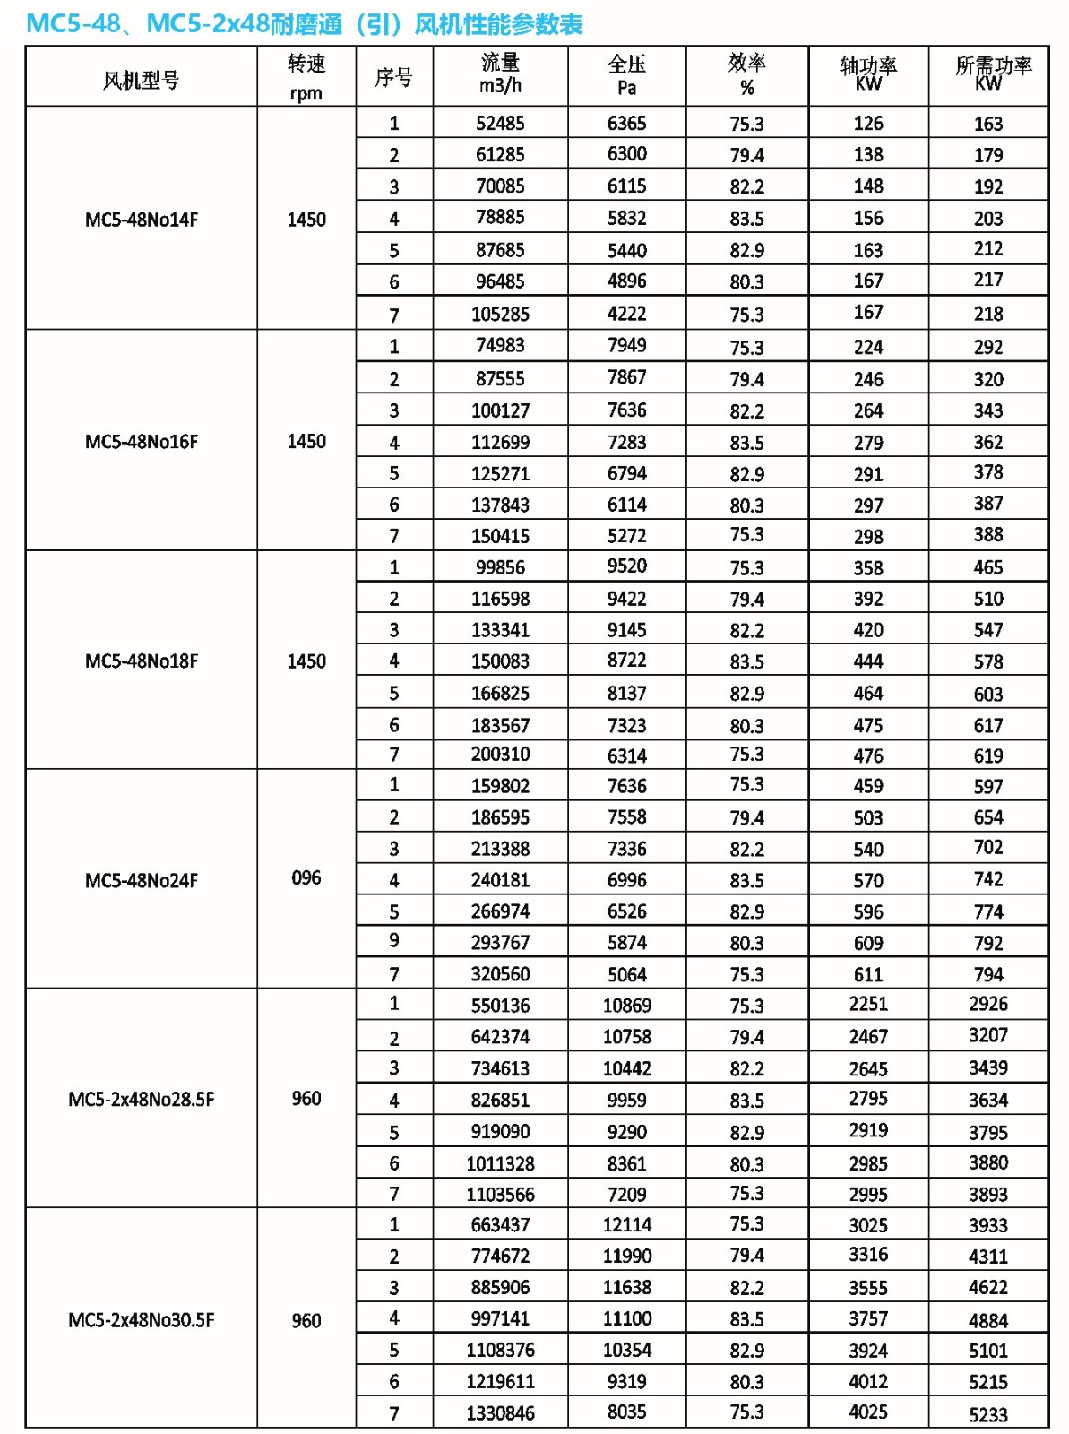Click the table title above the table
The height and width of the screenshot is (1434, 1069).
coord(305,24)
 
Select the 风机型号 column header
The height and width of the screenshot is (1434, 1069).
coord(141,80)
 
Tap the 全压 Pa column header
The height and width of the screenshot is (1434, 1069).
coord(626,75)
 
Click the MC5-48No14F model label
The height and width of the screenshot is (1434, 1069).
coord(141,220)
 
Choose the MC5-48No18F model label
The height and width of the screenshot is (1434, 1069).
coord(141,661)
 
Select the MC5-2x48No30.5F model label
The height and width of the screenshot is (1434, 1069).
coord(141,1320)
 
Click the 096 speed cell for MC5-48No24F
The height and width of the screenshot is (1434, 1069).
coord(306,878)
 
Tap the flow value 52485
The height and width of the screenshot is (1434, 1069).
coord(500,124)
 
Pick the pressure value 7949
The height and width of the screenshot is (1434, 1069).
coord(626,345)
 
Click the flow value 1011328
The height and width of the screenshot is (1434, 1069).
coord(500,1163)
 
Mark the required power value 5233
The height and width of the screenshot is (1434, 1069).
coord(987,1414)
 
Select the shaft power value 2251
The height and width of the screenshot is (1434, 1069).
coord(867,1004)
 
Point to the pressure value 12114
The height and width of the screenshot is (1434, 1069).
coord(626,1224)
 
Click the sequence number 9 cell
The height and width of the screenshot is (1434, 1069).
coord(393,940)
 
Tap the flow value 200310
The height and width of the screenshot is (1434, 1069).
coord(500,755)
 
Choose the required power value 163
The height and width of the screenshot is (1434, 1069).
coord(987,124)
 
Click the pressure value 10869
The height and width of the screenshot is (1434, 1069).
coord(626,1006)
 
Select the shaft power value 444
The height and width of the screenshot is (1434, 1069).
coord(867,661)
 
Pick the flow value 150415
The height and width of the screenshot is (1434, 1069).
coord(500,536)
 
